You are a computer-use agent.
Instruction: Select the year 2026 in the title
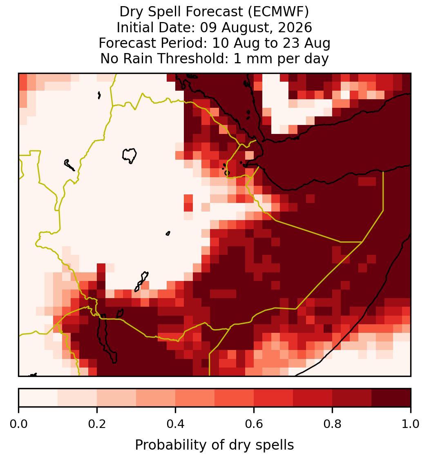click(295, 27)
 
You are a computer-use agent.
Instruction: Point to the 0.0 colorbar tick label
click(18, 424)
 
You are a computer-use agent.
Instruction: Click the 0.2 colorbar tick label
click(97, 424)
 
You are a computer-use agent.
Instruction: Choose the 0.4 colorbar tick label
click(176, 424)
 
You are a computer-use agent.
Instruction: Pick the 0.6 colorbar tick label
click(254, 424)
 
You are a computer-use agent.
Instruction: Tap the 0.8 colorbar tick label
click(333, 424)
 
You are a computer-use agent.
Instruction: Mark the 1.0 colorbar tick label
click(411, 424)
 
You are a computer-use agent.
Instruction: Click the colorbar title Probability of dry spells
click(214, 445)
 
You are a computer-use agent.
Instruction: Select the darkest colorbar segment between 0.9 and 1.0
click(391, 398)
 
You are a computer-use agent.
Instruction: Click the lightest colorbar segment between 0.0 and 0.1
click(38, 398)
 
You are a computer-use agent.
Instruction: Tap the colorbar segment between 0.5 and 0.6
click(235, 398)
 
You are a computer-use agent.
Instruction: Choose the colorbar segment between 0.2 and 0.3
click(117, 398)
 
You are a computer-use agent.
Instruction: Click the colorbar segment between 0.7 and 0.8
click(313, 398)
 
